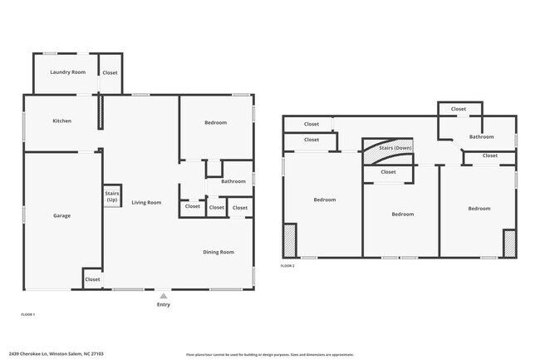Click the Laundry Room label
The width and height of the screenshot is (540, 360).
68,72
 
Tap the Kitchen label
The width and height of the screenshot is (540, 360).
62,121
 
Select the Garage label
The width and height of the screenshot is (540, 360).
62,215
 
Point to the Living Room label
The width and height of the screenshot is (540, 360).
146,202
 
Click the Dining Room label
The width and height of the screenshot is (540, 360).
219,252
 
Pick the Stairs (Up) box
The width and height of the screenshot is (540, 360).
112,197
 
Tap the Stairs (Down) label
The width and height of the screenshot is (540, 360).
395,147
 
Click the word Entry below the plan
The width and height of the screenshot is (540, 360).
163,304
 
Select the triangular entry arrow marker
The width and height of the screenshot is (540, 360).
163,294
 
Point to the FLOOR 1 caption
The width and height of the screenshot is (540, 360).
27,314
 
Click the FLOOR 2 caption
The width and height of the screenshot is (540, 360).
287,265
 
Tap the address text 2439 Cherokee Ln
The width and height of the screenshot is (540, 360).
34,353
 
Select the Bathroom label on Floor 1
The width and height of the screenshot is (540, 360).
233,180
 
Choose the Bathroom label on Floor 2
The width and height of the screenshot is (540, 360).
482,136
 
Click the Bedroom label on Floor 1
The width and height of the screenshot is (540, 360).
216,122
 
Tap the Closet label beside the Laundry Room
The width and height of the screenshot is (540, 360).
110,72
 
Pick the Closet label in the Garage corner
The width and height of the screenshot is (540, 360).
92,279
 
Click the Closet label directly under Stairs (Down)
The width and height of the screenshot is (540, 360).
388,172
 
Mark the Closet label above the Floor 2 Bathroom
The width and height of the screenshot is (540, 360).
459,109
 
